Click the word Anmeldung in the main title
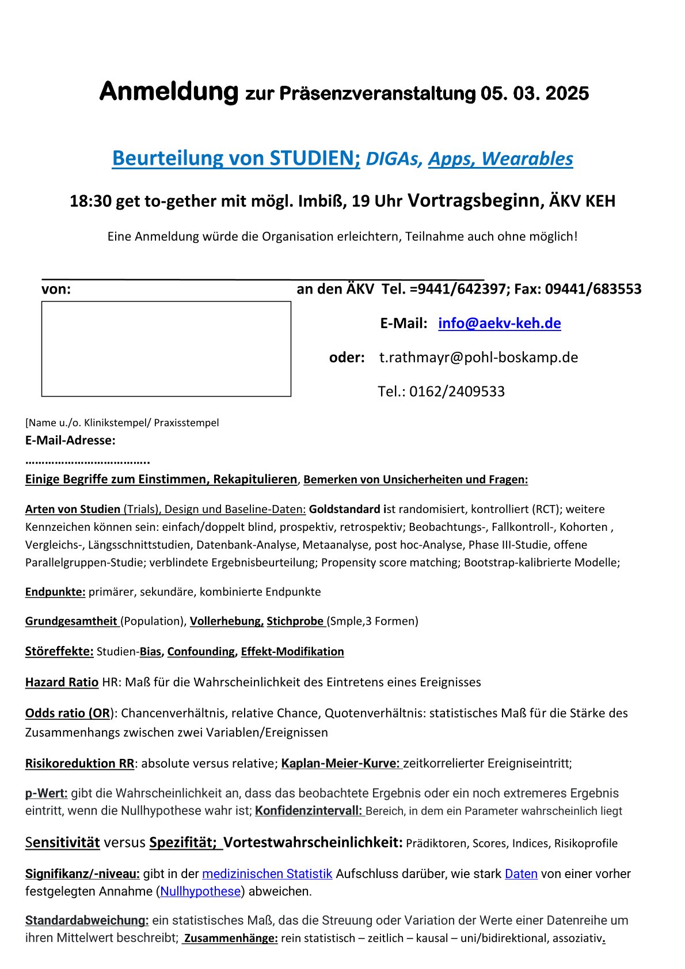(x=169, y=92)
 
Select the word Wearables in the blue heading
(x=527, y=158)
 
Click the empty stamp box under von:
(x=166, y=349)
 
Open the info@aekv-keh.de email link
(x=499, y=323)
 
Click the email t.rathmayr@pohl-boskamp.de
(x=478, y=358)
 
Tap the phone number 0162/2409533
(x=457, y=392)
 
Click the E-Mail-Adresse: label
(x=70, y=440)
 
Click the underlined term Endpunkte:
(x=55, y=592)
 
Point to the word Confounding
(x=201, y=652)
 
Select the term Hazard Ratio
(x=62, y=682)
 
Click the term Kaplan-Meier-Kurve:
(x=340, y=763)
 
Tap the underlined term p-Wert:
(x=46, y=793)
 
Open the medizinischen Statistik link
(x=267, y=874)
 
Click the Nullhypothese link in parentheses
(x=200, y=891)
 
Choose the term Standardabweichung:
(x=87, y=920)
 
